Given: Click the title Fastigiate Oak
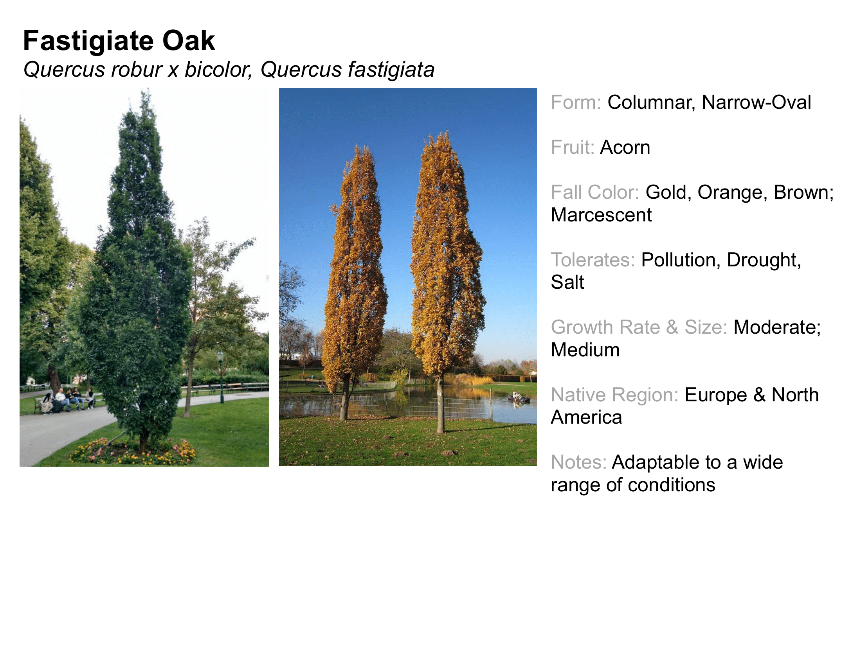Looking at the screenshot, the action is [119, 41].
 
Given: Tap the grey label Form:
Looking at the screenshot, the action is [576, 102].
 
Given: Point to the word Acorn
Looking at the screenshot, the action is [625, 147].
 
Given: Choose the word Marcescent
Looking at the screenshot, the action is [601, 215].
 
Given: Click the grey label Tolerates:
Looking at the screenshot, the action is [593, 260].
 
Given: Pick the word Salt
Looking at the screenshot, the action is [567, 282].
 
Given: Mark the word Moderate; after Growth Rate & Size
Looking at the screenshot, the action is [777, 327].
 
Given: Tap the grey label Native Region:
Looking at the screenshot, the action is [614, 395].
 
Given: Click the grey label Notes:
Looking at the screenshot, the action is [579, 462].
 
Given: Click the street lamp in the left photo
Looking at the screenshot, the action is [221, 376].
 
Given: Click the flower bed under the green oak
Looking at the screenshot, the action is [132, 451].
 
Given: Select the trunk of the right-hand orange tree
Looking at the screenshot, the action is [440, 406].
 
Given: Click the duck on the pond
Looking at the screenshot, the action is [518, 398].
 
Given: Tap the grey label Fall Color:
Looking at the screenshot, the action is [595, 192].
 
